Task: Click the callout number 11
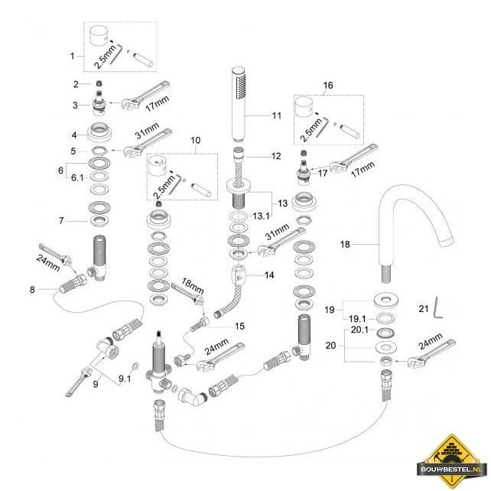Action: (x=277, y=115)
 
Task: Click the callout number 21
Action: (x=424, y=309)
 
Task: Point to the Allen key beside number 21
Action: (x=437, y=307)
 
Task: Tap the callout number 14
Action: (x=269, y=275)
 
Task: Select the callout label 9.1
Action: (x=125, y=379)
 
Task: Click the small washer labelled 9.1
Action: (x=136, y=366)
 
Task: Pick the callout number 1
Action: (x=73, y=57)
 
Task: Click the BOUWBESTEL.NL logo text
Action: (x=452, y=469)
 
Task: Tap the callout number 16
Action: (x=327, y=85)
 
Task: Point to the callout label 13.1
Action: (x=261, y=216)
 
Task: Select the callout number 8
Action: (x=32, y=290)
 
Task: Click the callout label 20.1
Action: (x=359, y=330)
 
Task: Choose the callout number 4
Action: (x=74, y=135)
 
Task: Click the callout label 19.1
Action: (x=357, y=319)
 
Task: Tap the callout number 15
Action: (x=239, y=327)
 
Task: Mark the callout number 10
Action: (x=195, y=140)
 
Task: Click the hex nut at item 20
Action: (x=386, y=361)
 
